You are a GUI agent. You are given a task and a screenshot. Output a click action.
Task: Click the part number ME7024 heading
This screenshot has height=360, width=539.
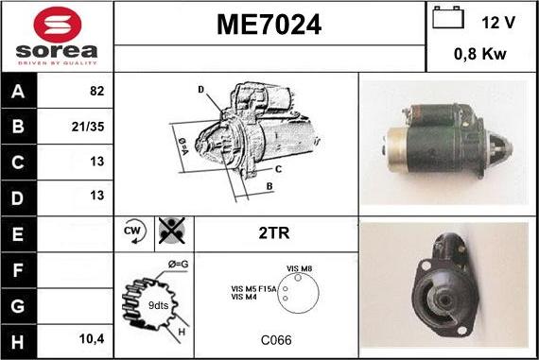point(269,26)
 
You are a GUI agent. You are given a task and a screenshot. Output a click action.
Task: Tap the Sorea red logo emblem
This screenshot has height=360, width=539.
point(56,23)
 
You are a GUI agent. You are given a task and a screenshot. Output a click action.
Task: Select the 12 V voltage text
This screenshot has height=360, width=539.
point(497,21)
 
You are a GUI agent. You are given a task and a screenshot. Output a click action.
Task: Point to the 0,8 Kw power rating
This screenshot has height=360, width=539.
point(481,55)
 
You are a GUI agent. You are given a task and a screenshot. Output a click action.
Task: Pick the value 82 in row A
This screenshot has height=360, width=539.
point(96,93)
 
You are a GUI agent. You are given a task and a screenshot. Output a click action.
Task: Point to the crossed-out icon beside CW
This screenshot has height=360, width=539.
point(170,230)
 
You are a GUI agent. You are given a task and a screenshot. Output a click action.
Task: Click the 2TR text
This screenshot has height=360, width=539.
point(273,231)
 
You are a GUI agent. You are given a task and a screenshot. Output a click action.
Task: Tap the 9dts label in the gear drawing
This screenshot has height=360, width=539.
point(157,304)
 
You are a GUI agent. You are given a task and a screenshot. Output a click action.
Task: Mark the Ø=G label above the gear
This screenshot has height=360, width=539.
point(178,263)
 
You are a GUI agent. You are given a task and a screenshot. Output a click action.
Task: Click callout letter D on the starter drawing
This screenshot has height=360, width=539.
point(200,90)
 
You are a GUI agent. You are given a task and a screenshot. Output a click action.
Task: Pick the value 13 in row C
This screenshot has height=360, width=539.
point(96,161)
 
